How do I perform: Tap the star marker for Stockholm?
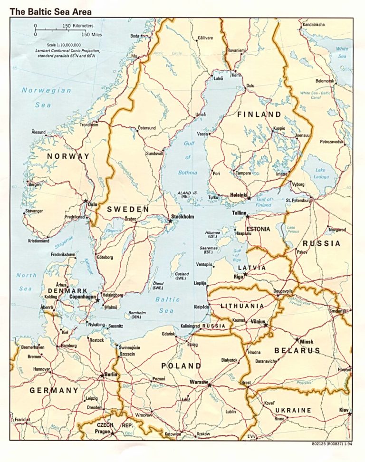[x=170, y=221]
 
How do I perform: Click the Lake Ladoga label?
[x=321, y=173]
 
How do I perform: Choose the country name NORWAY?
[x=68, y=156]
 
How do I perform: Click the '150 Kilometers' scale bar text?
[x=78, y=25]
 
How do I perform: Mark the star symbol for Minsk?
[x=297, y=340]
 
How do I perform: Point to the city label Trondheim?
[x=89, y=125]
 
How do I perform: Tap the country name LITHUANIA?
[x=242, y=306]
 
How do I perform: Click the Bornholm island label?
[x=138, y=315]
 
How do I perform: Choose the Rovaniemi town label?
[x=236, y=50]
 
